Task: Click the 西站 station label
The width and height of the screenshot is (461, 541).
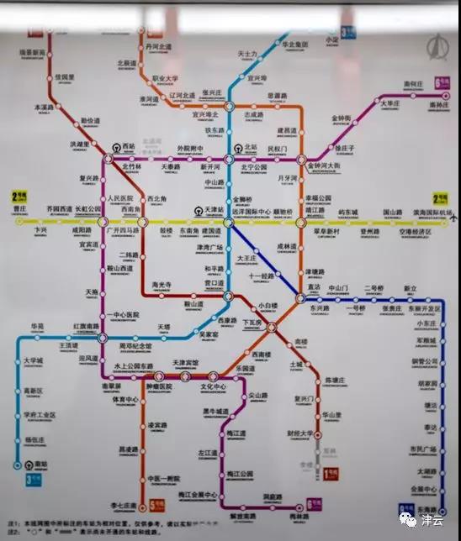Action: [x=129, y=146]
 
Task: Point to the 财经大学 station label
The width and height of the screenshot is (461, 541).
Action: [x=299, y=434]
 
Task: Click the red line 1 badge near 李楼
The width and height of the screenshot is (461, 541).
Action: [x=331, y=473]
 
